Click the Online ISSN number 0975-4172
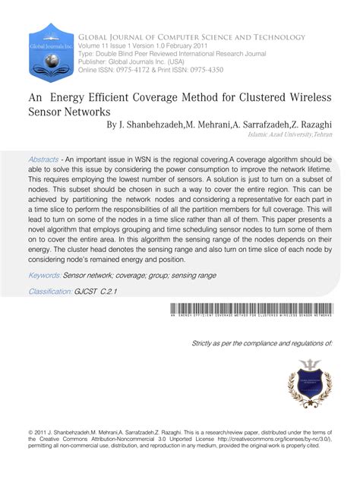tap(142, 70)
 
